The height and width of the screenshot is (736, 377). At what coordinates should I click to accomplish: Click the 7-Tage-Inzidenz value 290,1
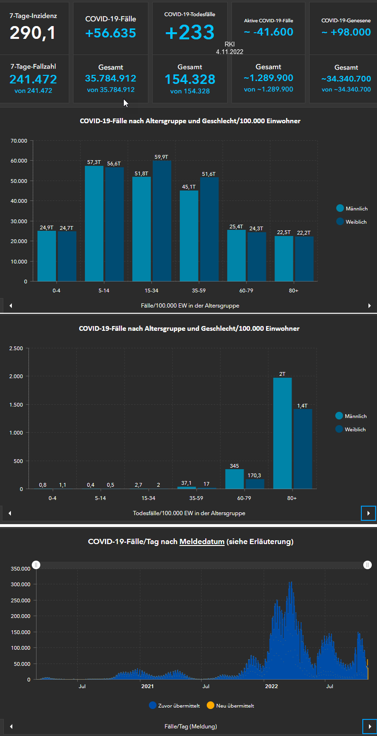pyautogui.click(x=33, y=33)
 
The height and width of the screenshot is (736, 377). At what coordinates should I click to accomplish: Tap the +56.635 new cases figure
pyautogui.click(x=110, y=33)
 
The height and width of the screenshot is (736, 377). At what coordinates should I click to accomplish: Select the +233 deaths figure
pyautogui.click(x=190, y=33)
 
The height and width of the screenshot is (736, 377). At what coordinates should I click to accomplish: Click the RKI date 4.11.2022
pyautogui.click(x=230, y=52)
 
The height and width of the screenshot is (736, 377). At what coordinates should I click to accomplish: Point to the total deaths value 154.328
pyautogui.click(x=190, y=79)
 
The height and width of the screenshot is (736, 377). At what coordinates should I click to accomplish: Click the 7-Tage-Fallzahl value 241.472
pyautogui.click(x=33, y=79)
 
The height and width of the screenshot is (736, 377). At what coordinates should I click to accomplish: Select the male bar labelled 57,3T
pyautogui.click(x=94, y=223)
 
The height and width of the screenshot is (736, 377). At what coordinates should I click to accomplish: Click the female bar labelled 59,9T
pyautogui.click(x=162, y=220)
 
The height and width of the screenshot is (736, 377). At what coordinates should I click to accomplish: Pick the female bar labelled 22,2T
pyautogui.click(x=304, y=258)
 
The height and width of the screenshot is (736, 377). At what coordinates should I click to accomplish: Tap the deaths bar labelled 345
pyautogui.click(x=234, y=479)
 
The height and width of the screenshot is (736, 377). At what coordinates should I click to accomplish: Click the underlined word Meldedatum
pyautogui.click(x=202, y=541)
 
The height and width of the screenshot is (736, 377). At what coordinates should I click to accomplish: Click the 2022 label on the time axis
pyautogui.click(x=271, y=686)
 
